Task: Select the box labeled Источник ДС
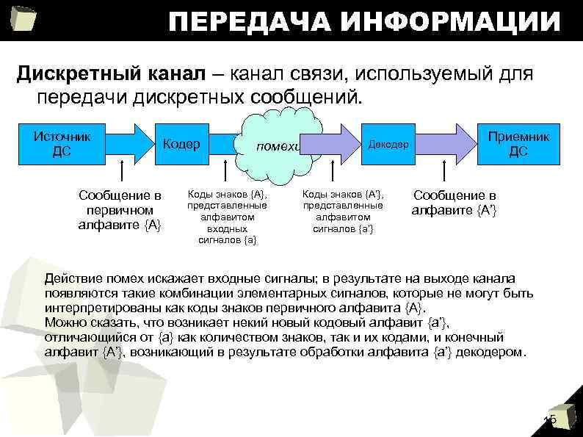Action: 62,143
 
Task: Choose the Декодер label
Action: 389,145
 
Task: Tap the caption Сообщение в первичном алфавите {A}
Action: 120,210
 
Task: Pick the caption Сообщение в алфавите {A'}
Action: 455,203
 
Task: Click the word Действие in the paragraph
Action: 70,278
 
